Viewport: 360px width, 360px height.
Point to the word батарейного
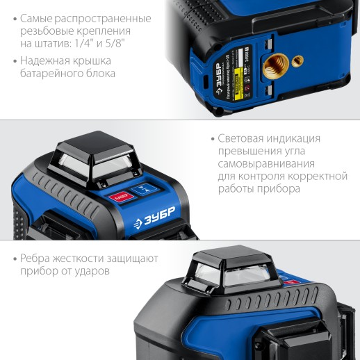[x=56, y=73]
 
